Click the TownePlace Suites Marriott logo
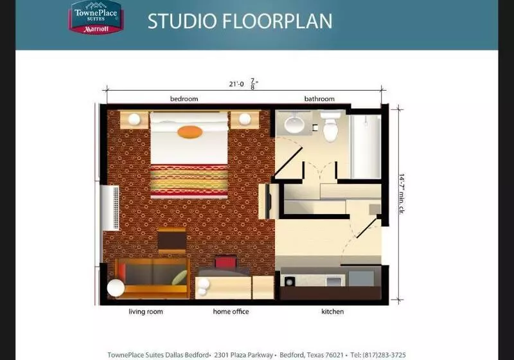coord(95,17)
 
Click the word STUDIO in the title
coord(182,21)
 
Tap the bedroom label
coord(184,99)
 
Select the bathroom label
coord(319,99)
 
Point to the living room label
coord(146,312)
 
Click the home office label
coord(231,312)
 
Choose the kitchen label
coord(332,312)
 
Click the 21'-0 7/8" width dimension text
coord(244,84)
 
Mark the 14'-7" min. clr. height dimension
coord(402,194)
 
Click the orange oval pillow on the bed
coord(190,132)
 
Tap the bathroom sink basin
coord(294,125)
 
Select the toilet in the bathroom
coord(330,125)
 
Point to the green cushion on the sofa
coord(180,278)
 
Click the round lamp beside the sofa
coord(116,288)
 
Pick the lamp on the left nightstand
coord(134,120)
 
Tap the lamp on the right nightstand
coord(245,120)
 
